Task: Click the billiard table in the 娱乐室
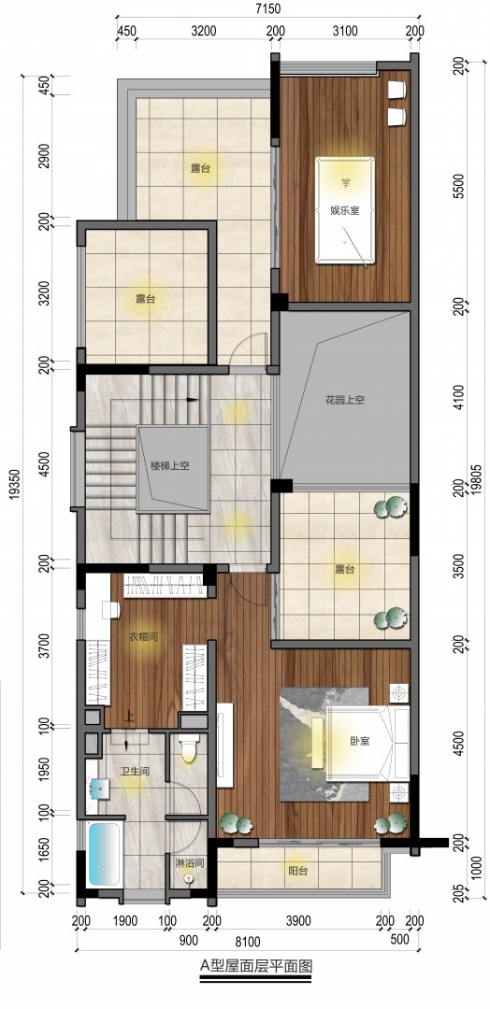(x=344, y=210)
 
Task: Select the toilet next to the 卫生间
(x=189, y=747)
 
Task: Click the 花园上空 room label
(x=344, y=400)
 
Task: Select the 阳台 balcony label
(x=297, y=872)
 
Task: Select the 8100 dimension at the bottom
(x=248, y=943)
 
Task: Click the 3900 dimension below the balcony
(x=297, y=921)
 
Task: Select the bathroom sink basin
(x=98, y=787)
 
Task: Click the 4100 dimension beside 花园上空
(x=458, y=393)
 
